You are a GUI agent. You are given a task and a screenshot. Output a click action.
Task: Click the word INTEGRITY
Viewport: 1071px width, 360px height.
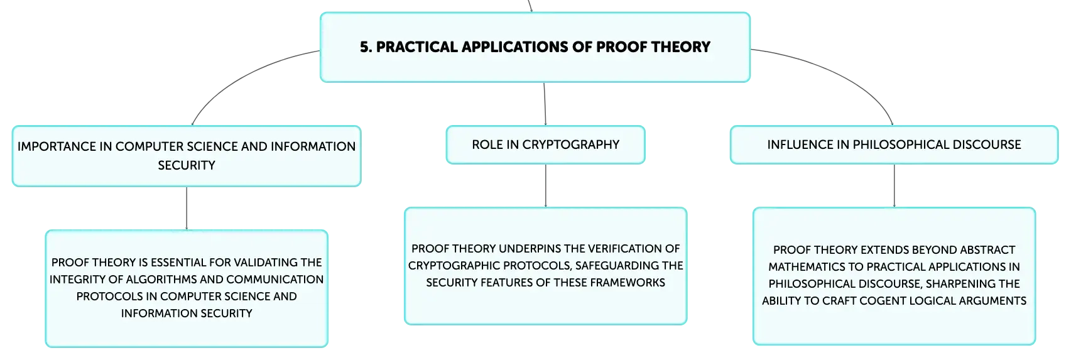click(79, 279)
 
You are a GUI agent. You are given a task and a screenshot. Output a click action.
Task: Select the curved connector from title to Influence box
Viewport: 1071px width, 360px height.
click(834, 74)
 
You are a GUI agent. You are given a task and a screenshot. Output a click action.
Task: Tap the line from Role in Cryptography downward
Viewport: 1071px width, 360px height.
click(545, 185)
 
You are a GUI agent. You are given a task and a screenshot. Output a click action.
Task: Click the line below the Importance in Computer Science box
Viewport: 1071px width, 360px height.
click(187, 208)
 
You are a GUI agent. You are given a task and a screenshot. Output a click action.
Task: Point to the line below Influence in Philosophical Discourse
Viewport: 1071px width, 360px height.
click(894, 185)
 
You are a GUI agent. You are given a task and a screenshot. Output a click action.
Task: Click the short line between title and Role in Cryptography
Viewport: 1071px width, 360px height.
click(545, 104)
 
